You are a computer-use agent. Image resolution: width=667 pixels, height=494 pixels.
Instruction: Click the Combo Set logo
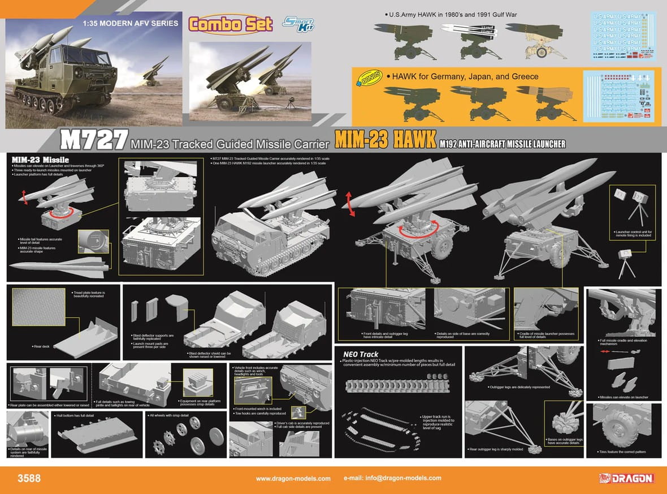click(229, 24)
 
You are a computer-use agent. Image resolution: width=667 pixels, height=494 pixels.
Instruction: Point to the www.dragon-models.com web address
click(293, 479)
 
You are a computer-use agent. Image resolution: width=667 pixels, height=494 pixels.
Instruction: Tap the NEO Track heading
click(361, 354)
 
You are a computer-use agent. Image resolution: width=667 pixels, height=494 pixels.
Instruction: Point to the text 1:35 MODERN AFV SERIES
click(130, 24)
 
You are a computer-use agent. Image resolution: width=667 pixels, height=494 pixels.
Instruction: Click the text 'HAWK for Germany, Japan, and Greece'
click(460, 76)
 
